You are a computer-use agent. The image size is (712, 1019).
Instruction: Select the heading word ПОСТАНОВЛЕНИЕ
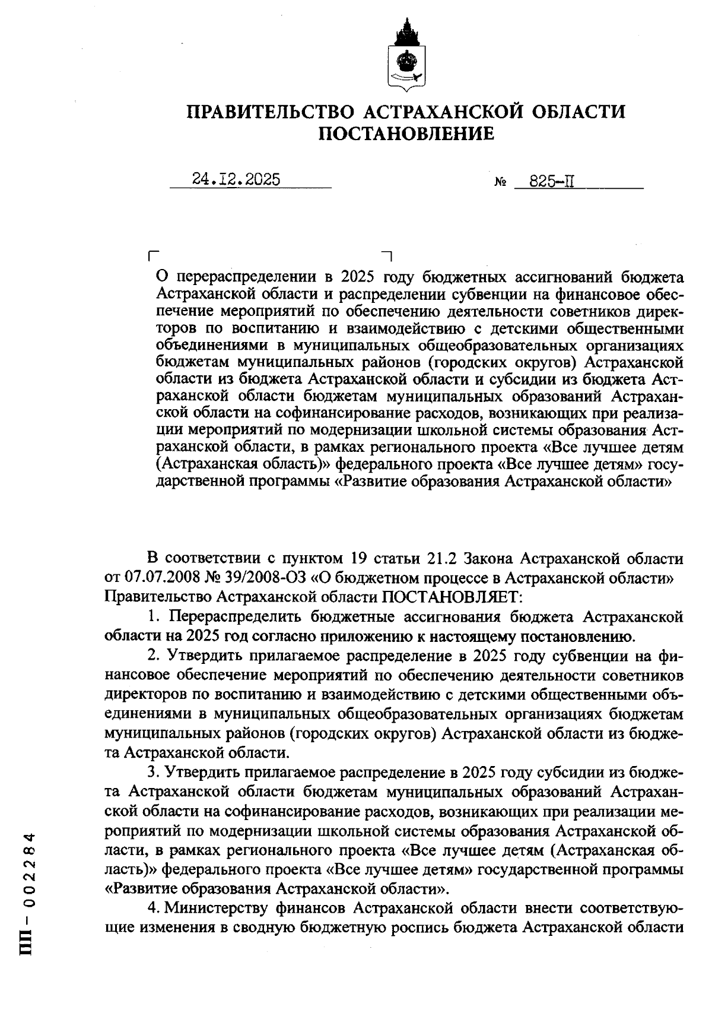(x=406, y=134)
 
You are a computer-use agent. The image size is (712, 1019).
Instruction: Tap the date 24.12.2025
(x=236, y=179)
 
